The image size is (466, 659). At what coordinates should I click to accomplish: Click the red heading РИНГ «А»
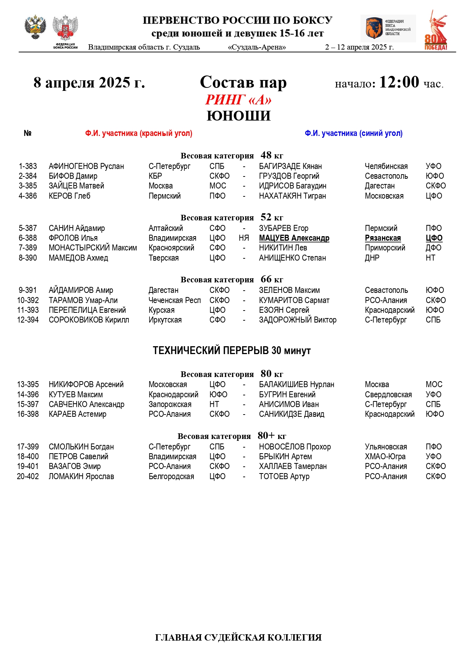(x=238, y=100)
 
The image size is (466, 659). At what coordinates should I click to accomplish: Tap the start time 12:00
(x=399, y=82)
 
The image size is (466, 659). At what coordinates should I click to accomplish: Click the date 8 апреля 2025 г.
(x=89, y=83)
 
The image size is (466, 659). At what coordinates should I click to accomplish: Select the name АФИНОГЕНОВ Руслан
(x=86, y=166)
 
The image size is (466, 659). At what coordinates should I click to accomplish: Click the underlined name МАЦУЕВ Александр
(x=294, y=238)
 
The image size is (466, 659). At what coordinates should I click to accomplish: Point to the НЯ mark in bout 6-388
(x=244, y=238)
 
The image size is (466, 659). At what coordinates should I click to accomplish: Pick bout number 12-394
(x=28, y=320)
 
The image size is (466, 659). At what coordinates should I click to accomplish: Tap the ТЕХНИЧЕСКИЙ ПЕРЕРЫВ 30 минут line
(x=232, y=350)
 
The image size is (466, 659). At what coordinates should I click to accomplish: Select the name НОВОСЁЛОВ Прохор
(x=295, y=447)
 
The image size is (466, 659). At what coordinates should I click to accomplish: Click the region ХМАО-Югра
(x=385, y=457)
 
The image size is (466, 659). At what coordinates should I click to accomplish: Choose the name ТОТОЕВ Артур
(x=284, y=477)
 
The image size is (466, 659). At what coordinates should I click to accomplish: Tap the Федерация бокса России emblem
(x=65, y=32)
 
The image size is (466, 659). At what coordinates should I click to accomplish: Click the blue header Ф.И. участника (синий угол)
(x=353, y=133)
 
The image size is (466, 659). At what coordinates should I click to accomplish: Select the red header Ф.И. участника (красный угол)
(x=139, y=133)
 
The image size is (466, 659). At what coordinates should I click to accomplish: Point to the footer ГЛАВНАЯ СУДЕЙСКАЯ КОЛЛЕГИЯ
(x=238, y=638)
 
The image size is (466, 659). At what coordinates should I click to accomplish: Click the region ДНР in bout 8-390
(x=372, y=258)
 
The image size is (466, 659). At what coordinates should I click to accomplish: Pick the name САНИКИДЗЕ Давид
(x=291, y=414)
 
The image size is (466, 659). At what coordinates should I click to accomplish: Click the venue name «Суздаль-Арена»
(x=257, y=47)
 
